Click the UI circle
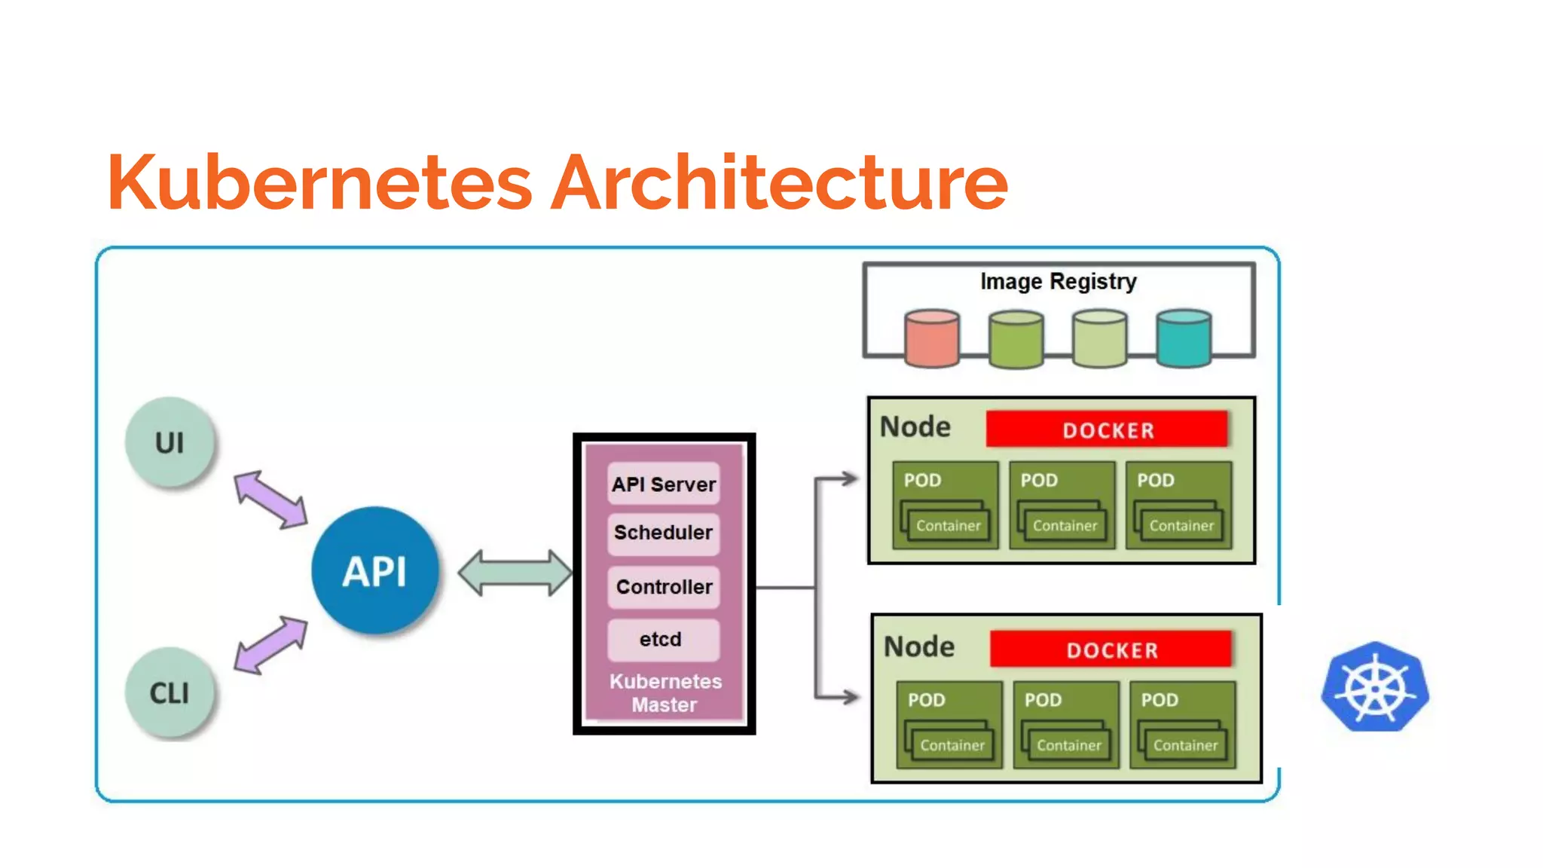tap(170, 442)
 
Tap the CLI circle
tap(170, 692)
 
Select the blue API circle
tap(374, 570)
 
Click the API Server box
tap(664, 484)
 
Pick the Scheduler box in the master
tap(664, 533)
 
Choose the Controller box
tap(664, 587)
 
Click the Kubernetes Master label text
tap(665, 692)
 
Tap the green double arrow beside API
tap(515, 573)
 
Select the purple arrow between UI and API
tap(270, 499)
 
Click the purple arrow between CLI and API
tap(270, 644)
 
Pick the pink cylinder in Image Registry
tap(932, 338)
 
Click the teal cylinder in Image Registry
tap(1183, 338)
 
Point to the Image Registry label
tap(1058, 281)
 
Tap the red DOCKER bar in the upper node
tap(1108, 429)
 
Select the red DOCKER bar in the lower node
tap(1111, 649)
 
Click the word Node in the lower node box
tap(919, 646)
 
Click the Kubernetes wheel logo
tap(1375, 687)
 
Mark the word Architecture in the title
tap(779, 182)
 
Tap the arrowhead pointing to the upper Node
tap(849, 478)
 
